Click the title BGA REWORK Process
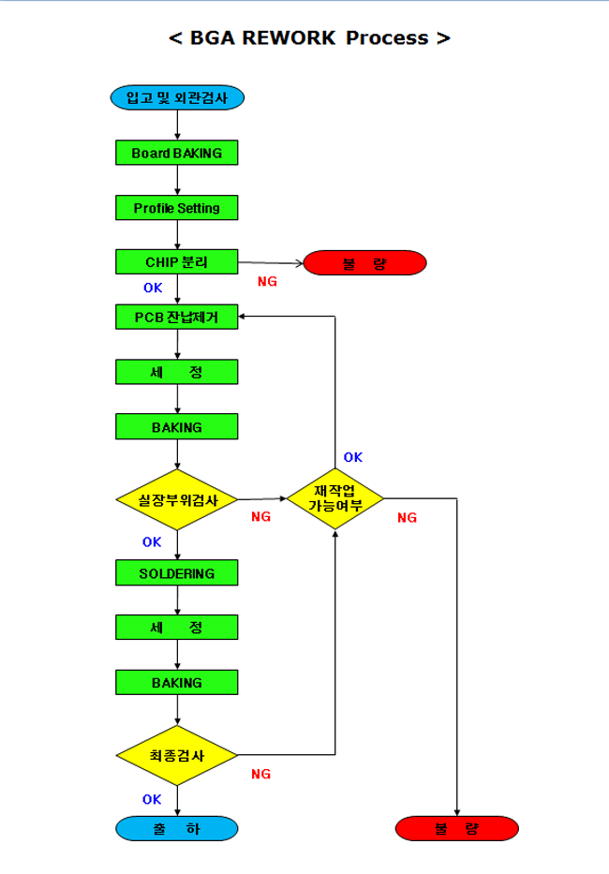[x=309, y=38]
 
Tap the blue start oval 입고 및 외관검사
[x=177, y=96]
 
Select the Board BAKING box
[x=177, y=153]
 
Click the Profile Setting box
[x=177, y=207]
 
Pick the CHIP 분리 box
[x=177, y=262]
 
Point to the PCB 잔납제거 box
[x=177, y=317]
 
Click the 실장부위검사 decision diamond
[x=177, y=499]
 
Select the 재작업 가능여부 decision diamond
[x=335, y=498]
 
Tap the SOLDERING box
[x=177, y=572]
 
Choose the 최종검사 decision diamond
[x=177, y=755]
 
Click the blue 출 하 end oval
[x=177, y=828]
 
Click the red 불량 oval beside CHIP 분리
[x=364, y=263]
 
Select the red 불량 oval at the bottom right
[x=457, y=828]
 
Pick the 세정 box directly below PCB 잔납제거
[x=177, y=372]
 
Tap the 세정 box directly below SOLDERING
[x=177, y=628]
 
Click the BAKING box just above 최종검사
[x=177, y=682]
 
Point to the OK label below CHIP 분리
[x=153, y=289]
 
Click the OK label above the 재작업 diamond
[x=352, y=457]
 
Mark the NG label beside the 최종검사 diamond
[x=260, y=774]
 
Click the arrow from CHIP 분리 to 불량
[x=271, y=263]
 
